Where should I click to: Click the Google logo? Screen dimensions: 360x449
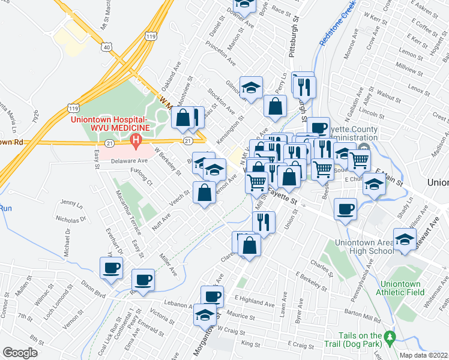pyautogui.click(x=20, y=353)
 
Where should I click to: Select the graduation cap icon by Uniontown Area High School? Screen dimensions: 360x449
pyautogui.click(x=405, y=239)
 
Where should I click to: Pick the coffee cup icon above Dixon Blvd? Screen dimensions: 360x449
pyautogui.click(x=112, y=268)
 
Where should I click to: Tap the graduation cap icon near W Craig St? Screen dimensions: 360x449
pyautogui.click(x=205, y=314)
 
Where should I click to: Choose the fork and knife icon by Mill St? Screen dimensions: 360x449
pyautogui.click(x=264, y=221)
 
